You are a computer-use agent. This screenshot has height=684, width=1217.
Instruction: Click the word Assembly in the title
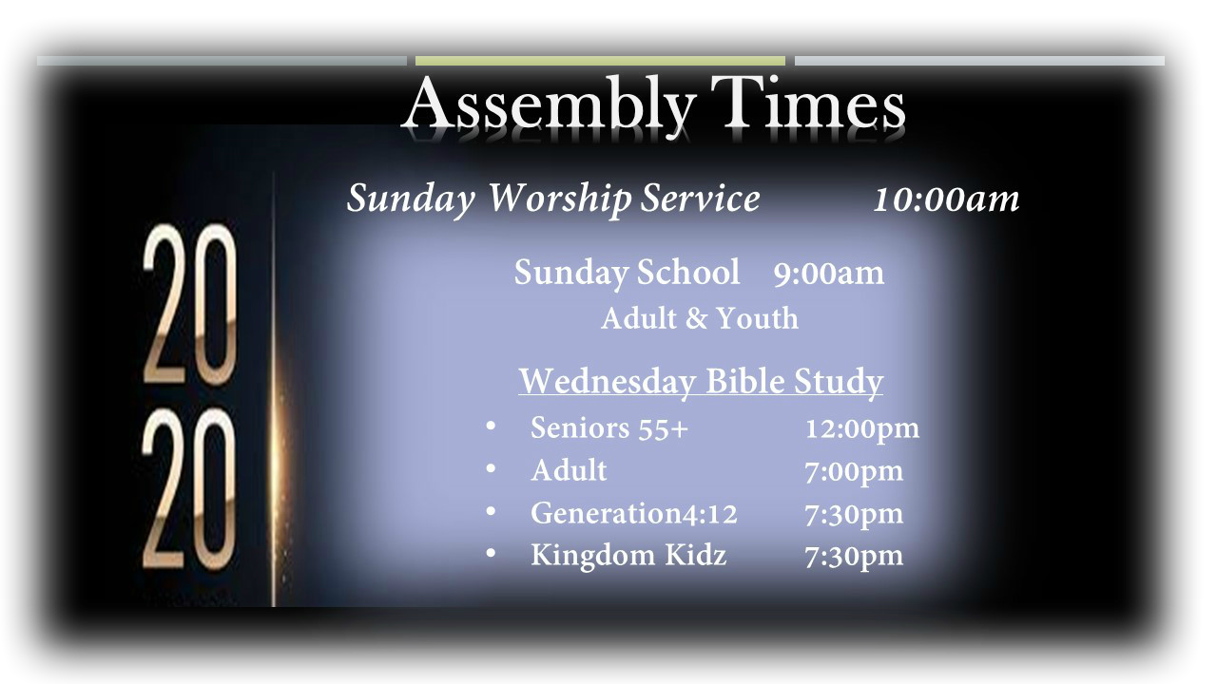550,106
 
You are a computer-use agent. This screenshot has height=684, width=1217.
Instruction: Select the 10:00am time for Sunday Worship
946,199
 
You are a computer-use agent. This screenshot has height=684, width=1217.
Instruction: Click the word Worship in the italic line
560,199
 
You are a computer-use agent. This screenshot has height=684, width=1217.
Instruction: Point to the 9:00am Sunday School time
828,273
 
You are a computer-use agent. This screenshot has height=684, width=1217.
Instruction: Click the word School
687,271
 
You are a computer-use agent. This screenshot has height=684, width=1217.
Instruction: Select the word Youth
758,318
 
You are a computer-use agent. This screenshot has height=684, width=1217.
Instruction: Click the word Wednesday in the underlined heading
608,381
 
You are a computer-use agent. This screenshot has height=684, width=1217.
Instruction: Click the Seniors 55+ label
609,427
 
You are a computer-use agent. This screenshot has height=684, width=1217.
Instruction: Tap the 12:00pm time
862,429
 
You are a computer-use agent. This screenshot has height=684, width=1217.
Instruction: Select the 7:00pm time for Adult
854,472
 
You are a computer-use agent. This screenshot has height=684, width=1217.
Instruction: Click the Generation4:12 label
634,513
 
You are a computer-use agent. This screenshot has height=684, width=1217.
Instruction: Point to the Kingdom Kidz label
628,556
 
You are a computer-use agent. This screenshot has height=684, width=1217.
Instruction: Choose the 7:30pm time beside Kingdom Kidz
854,557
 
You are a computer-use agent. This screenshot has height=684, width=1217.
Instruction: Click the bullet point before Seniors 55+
491,426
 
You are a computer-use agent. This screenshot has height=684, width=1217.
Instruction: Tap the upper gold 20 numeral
190,304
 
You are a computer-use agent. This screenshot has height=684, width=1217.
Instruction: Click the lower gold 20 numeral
189,488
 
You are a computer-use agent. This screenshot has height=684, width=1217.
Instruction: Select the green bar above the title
600,61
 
